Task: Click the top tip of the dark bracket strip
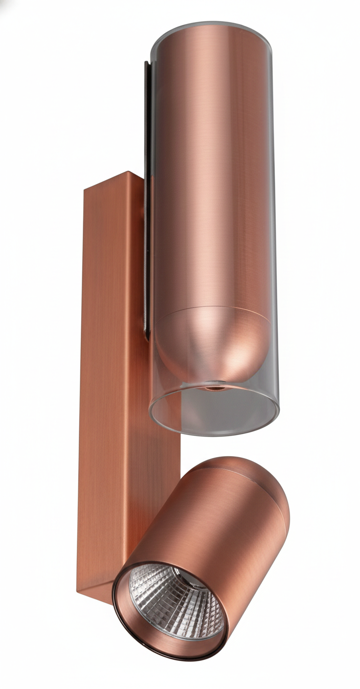coord(146,64)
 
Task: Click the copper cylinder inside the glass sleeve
coord(213,171)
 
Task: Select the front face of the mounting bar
coord(105,391)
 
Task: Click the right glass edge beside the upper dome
coord(274,343)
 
